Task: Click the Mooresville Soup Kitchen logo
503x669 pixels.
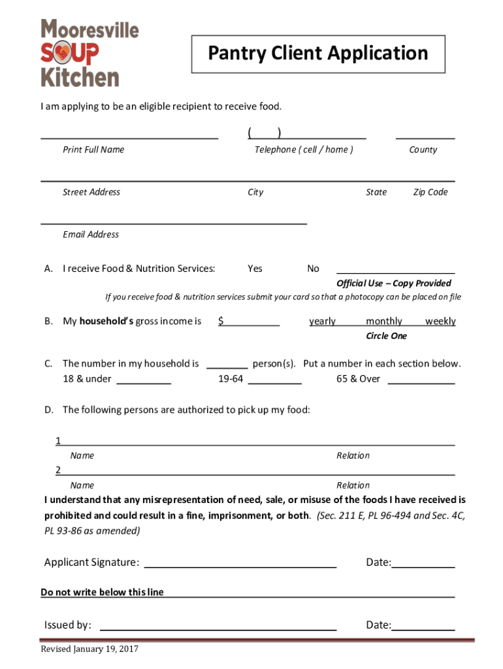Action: (x=89, y=54)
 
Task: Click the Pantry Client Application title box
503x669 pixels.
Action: (x=317, y=54)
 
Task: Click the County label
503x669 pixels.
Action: (x=423, y=150)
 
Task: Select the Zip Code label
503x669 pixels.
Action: (x=430, y=192)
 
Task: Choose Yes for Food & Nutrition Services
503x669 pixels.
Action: (x=255, y=269)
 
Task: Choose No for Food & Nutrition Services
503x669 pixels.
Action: (x=313, y=269)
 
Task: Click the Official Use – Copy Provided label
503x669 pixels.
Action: (x=393, y=283)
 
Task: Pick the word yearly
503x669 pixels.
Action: (x=322, y=321)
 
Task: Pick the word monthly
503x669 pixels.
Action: (x=383, y=321)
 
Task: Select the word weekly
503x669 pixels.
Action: (x=440, y=321)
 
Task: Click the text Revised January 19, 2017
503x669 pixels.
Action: (x=89, y=649)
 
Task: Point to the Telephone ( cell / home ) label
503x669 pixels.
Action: (x=304, y=150)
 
